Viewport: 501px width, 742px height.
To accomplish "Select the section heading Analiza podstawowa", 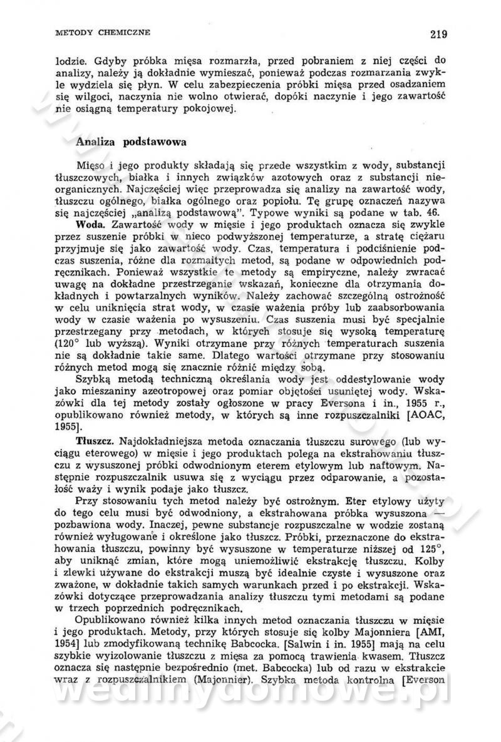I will [x=131, y=142].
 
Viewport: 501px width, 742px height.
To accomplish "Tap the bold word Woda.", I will [x=89, y=224].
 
